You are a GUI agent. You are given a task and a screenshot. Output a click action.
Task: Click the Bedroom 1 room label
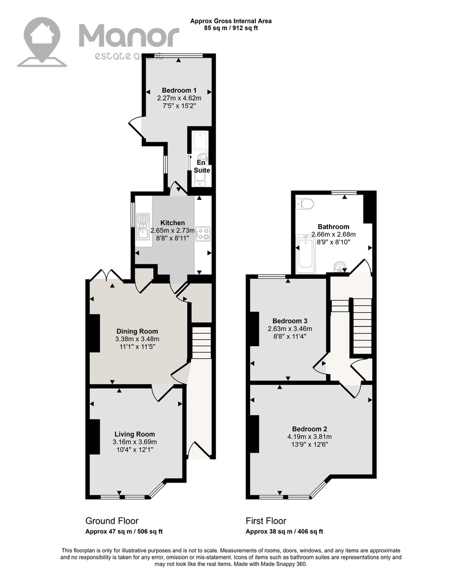click(179, 90)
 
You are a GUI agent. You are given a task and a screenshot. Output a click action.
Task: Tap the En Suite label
click(202, 166)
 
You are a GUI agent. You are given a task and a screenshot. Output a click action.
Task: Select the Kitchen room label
click(173, 222)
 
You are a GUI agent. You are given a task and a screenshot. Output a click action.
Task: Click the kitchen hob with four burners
click(203, 234)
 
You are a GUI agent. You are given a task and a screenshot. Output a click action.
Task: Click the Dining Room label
click(137, 331)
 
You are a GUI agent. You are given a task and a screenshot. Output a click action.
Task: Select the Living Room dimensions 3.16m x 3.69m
click(134, 442)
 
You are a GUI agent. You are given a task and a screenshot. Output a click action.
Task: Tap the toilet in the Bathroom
click(304, 203)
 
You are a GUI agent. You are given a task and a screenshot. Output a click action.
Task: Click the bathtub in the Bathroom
click(305, 254)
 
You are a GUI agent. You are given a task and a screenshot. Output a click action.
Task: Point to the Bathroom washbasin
click(340, 267)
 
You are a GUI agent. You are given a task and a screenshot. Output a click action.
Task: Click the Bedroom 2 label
click(309, 429)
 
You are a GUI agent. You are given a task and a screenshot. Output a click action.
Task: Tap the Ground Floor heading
click(112, 521)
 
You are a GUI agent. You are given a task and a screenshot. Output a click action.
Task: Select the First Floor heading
click(266, 521)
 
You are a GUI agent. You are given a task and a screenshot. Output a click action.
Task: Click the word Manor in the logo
click(129, 35)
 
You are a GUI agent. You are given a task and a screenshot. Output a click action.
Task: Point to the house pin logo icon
click(42, 41)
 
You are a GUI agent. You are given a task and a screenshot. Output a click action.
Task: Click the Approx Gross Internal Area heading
click(230, 21)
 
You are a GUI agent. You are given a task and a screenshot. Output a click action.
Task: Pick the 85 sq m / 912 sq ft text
click(230, 28)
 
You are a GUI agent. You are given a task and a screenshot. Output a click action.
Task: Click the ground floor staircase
click(202, 342)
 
